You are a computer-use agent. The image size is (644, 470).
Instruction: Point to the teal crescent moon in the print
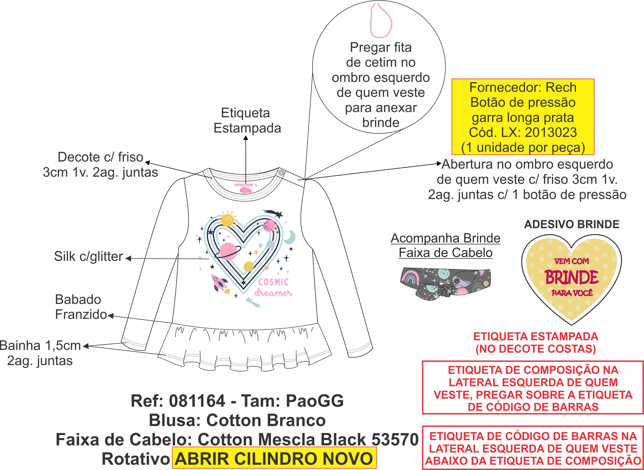tap(289, 237)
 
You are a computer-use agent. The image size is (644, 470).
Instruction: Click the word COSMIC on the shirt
tap(273, 282)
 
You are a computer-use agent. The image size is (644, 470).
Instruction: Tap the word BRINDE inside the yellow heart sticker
tap(572, 277)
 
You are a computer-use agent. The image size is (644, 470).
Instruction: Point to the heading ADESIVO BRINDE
tap(572, 225)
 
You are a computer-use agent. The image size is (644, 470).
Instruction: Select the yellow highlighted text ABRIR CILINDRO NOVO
tap(274, 459)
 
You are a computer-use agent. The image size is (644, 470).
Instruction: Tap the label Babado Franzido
tap(81, 307)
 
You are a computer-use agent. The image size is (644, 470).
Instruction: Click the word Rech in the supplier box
tap(561, 87)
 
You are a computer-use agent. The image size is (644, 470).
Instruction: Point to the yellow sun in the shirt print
tap(228, 220)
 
